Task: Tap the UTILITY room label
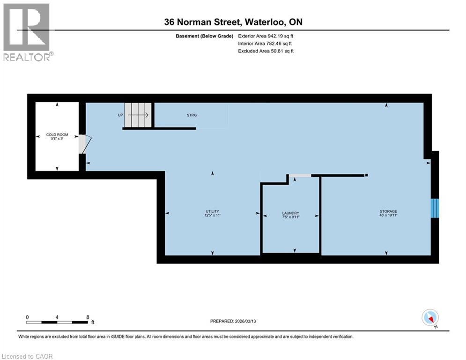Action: click(212, 213)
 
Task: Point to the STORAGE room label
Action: click(388, 213)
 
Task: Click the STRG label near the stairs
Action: click(192, 115)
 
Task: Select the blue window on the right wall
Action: click(435, 208)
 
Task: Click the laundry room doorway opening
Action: click(300, 176)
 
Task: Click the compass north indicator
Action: click(429, 318)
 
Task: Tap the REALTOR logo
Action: click(27, 31)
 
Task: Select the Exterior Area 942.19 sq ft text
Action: click(266, 36)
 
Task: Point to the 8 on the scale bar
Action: click(88, 317)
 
